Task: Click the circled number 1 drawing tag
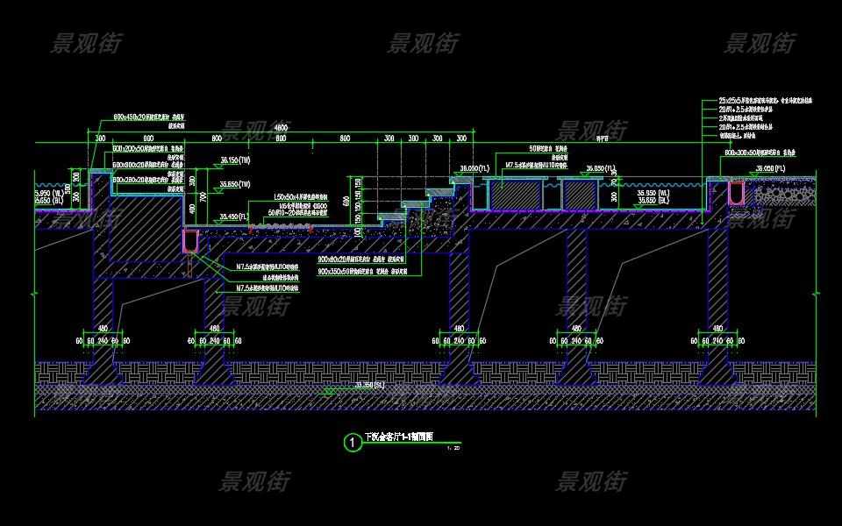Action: click(x=353, y=443)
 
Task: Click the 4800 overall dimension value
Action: click(x=281, y=129)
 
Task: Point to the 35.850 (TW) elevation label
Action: click(x=235, y=184)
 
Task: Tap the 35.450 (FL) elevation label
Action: click(x=235, y=217)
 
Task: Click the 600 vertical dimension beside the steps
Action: click(x=346, y=202)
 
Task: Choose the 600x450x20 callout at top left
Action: click(x=153, y=117)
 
